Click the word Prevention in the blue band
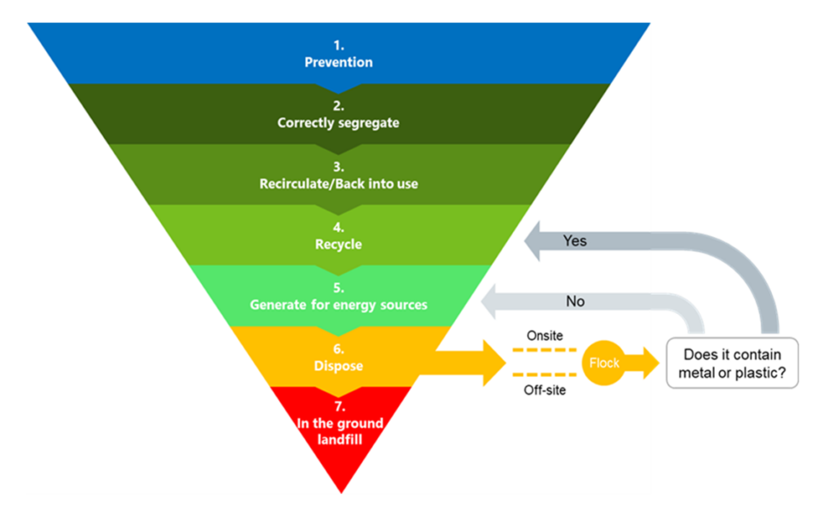point(338,63)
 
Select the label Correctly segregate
point(338,123)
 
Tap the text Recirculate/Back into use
point(338,183)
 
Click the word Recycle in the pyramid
point(338,245)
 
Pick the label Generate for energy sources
point(338,304)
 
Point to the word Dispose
point(338,366)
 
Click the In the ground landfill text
point(338,432)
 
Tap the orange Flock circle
point(604,362)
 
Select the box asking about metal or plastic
point(732,363)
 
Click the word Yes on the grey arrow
point(575,241)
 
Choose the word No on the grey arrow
point(575,302)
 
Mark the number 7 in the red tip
point(338,409)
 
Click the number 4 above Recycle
point(338,229)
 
